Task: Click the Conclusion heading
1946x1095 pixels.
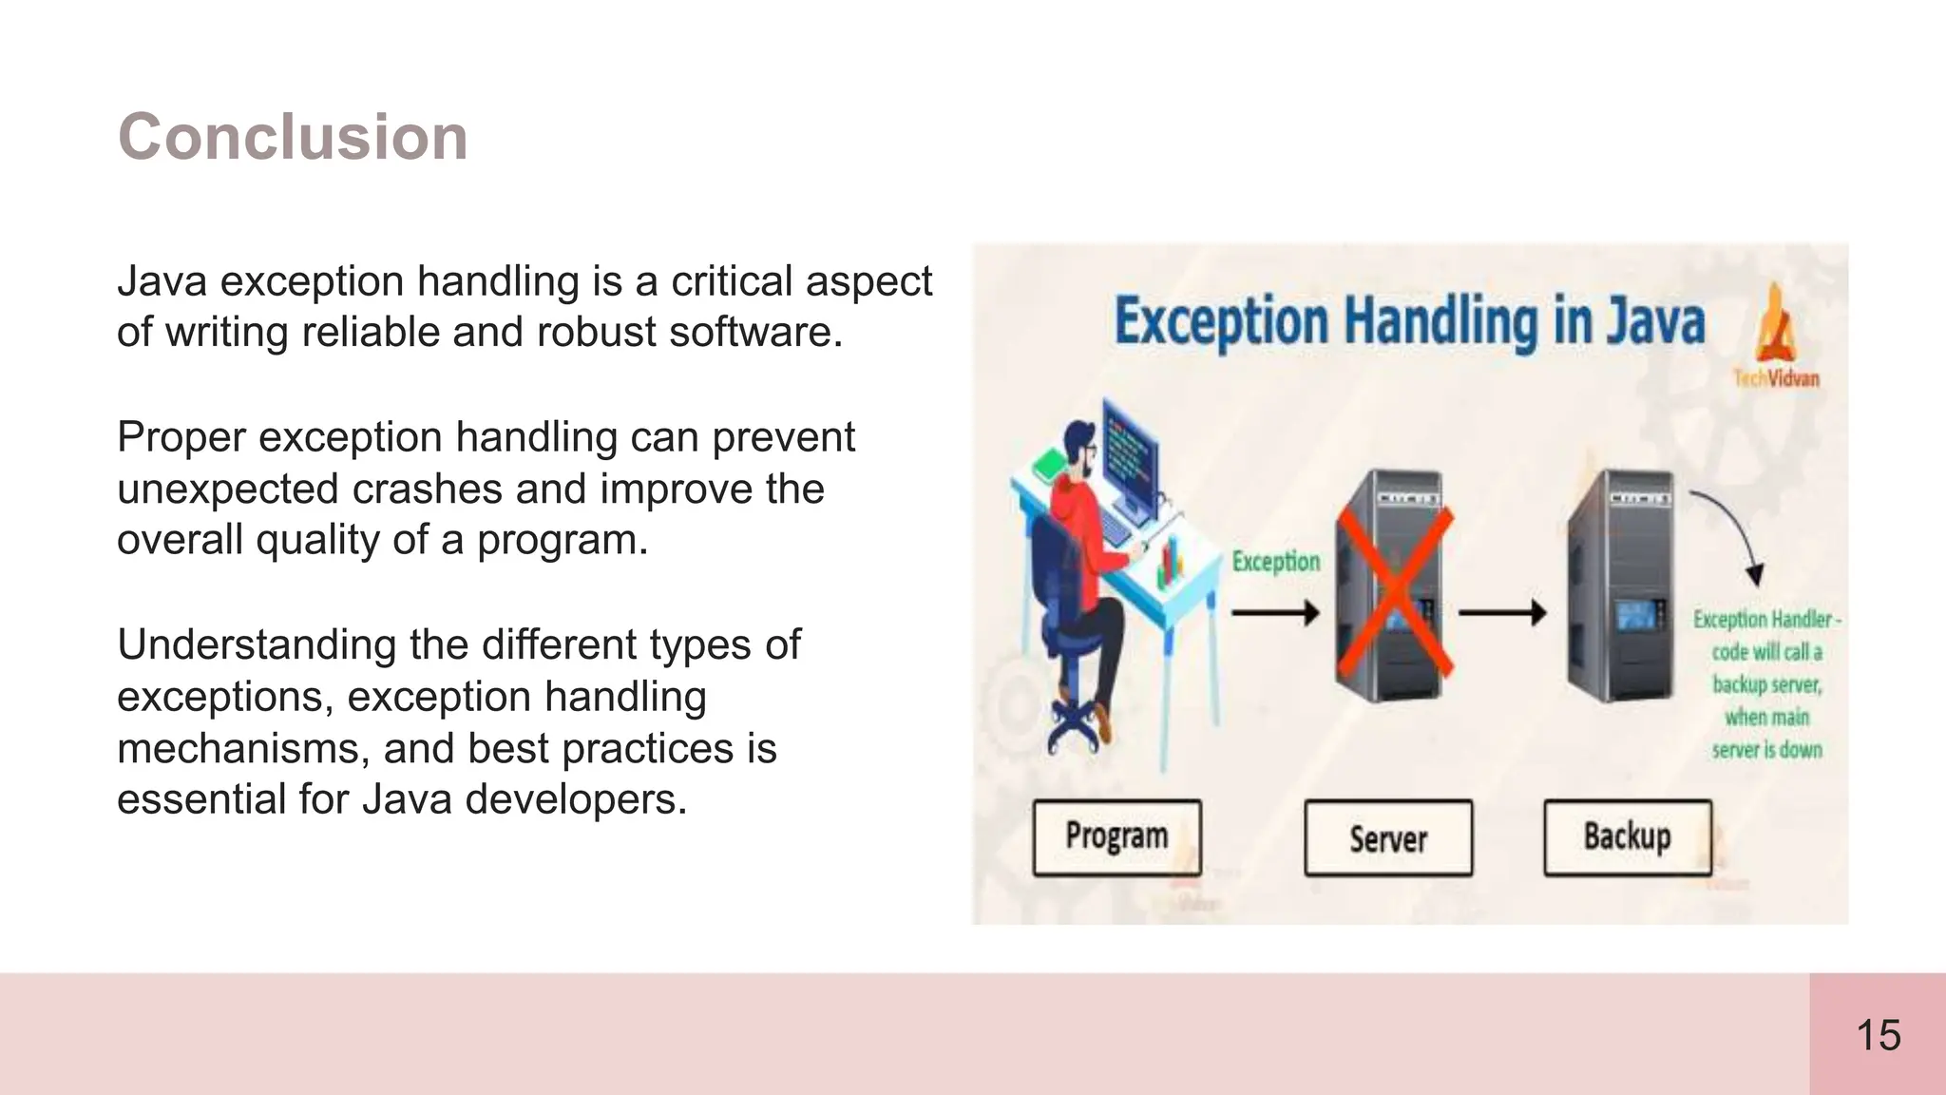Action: pyautogui.click(x=293, y=137)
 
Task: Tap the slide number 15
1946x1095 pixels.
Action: pyautogui.click(x=1878, y=1035)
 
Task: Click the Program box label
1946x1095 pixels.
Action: pyautogui.click(x=1116, y=836)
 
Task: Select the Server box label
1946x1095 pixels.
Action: pyautogui.click(x=1388, y=838)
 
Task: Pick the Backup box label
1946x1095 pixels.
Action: pyautogui.click(x=1627, y=836)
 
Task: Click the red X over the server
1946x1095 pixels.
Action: pyautogui.click(x=1393, y=589)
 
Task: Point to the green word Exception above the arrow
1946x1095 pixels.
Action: pyautogui.click(x=1275, y=562)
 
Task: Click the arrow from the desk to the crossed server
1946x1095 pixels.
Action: pyautogui.click(x=1275, y=612)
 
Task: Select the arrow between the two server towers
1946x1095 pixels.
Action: pyautogui.click(x=1502, y=613)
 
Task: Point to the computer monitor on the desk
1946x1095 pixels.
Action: pyautogui.click(x=1131, y=457)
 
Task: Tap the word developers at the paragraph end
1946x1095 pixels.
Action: pyautogui.click(x=575, y=799)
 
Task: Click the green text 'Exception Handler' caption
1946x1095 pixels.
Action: pyautogui.click(x=1765, y=620)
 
